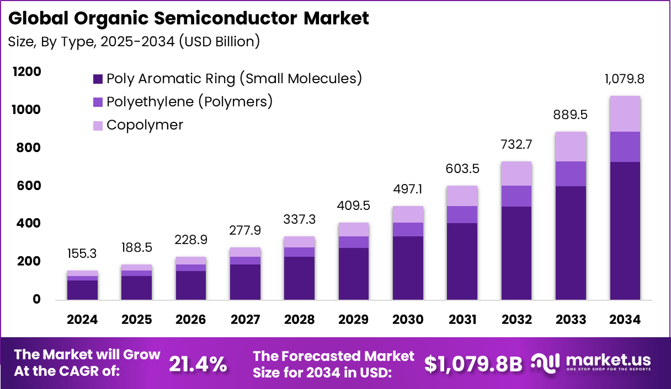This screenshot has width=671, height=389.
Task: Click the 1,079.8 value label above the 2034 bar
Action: tap(625, 79)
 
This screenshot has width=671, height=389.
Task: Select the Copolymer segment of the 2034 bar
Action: tap(625, 114)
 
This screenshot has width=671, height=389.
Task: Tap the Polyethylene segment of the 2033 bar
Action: tap(571, 174)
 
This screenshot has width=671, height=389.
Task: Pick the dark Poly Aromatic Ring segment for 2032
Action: tap(516, 253)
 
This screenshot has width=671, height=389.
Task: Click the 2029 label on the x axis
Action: tap(354, 320)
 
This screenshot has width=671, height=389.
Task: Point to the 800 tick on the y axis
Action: tap(29, 148)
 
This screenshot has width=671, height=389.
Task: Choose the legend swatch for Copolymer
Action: tap(98, 126)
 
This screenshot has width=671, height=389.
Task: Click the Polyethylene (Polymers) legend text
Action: tap(189, 102)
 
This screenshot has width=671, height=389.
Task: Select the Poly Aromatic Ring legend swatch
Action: tap(98, 79)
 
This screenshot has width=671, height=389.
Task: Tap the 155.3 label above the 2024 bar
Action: tap(83, 254)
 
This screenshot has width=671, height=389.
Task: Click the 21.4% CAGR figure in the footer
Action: tap(198, 364)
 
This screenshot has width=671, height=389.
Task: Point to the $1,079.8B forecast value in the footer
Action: tap(473, 364)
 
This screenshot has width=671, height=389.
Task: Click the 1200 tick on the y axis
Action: tap(26, 72)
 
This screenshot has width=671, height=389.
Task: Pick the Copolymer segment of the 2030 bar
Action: tap(408, 214)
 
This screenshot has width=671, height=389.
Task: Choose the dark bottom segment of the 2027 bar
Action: tap(246, 282)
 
